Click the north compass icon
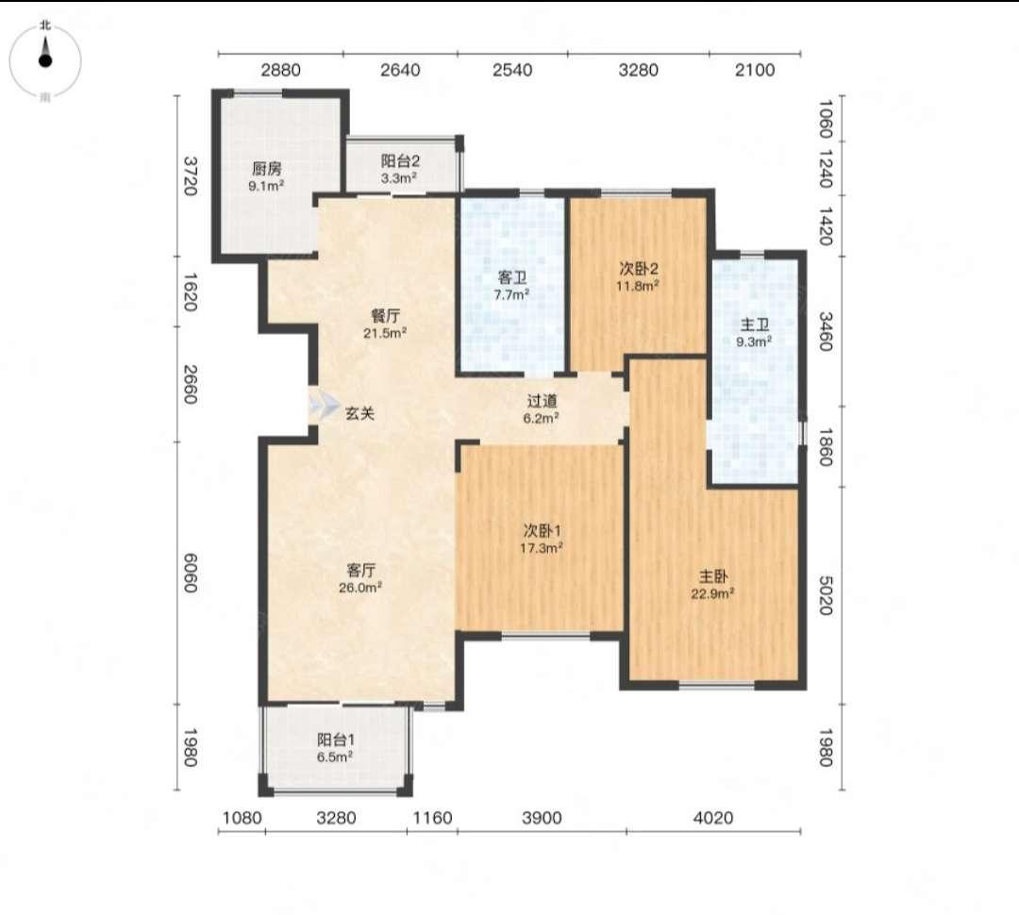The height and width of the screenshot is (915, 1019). pos(45,59)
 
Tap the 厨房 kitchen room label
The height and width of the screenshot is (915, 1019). pos(267,169)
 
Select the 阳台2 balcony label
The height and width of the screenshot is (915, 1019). pos(400,160)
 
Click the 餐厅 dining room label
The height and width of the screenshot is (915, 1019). pos(385,316)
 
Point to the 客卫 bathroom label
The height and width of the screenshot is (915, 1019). pos(511,278)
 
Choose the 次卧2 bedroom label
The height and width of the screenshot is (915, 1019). pos(638,269)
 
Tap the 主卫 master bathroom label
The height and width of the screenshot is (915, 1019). pos(755,324)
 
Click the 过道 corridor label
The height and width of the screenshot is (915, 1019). pos(542,402)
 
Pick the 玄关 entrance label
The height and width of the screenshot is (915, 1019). pos(359,413)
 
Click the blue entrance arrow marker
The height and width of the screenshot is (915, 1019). pos(323,407)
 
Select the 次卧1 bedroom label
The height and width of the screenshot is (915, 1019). pos(542,531)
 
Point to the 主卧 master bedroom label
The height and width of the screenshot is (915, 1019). pos(713,576)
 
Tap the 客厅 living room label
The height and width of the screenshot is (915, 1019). pos(360,571)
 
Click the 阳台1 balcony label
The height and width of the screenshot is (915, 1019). pos(335,740)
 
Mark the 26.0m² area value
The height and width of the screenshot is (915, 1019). pos(360,588)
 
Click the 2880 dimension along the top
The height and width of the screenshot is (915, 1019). pos(281,70)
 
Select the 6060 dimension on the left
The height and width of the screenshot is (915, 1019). pos(189,573)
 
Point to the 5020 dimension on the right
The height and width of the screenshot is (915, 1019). pos(825,594)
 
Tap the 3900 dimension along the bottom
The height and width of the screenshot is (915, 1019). pos(542,818)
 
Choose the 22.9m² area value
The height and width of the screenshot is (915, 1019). pos(713,593)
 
